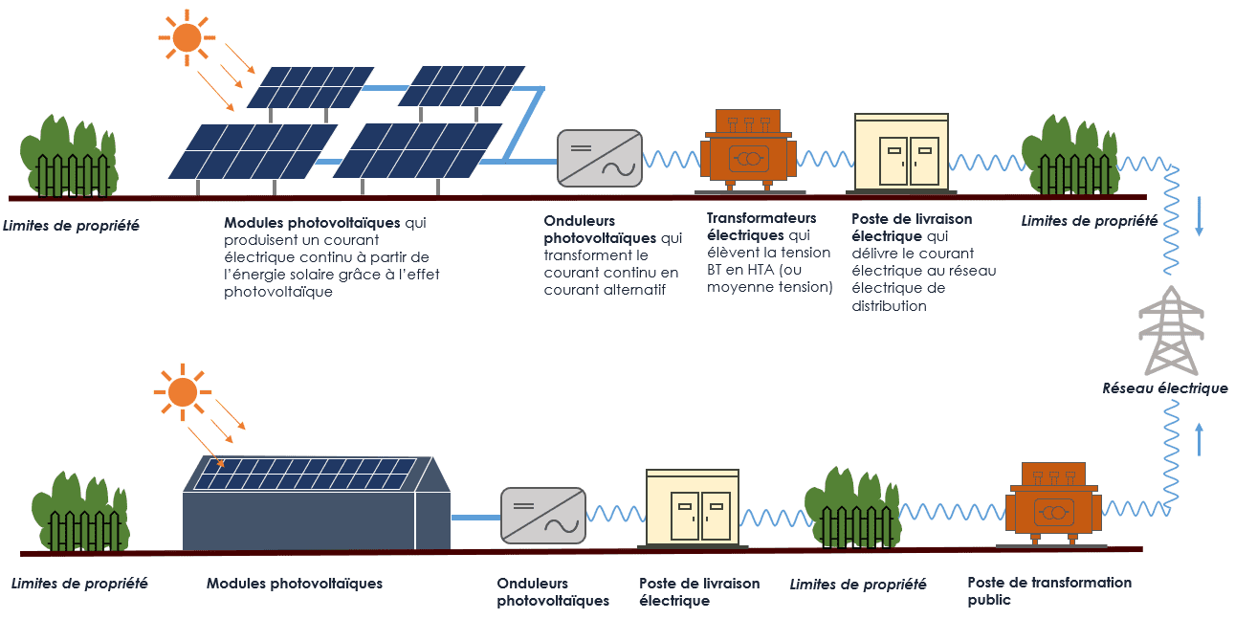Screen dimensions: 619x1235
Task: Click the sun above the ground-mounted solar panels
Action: pos(186,37)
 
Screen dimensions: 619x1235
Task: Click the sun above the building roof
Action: pos(182,391)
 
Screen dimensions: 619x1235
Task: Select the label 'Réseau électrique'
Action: pos(1164,388)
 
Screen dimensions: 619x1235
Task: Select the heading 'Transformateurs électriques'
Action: pos(761,227)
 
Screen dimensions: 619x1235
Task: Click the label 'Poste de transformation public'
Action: pos(1035,591)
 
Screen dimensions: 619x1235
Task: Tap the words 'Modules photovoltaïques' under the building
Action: pos(294,584)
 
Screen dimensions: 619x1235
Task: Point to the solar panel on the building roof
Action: pos(305,474)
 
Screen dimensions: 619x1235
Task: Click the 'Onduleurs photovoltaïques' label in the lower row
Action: pos(552,592)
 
